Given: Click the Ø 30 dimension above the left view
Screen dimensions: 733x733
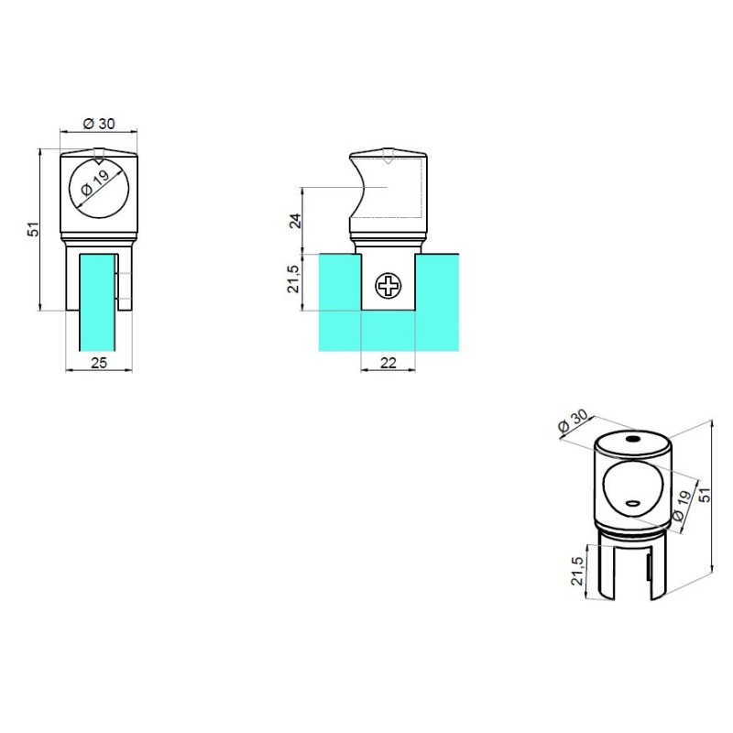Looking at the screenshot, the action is click(99, 124).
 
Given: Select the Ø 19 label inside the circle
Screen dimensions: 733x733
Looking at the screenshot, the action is click(95, 182).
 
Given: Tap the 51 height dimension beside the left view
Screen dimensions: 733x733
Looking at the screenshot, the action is click(34, 229).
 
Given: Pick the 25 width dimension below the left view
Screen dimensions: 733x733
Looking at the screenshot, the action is click(99, 362).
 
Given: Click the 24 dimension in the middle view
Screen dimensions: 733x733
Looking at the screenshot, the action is click(295, 220).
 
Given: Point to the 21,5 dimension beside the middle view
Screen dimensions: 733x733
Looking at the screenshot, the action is click(293, 279).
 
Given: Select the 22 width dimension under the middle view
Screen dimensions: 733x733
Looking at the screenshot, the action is click(388, 362).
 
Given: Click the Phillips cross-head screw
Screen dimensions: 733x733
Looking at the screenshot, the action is click(388, 286).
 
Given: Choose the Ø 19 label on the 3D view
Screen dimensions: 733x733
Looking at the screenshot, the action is click(682, 505).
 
